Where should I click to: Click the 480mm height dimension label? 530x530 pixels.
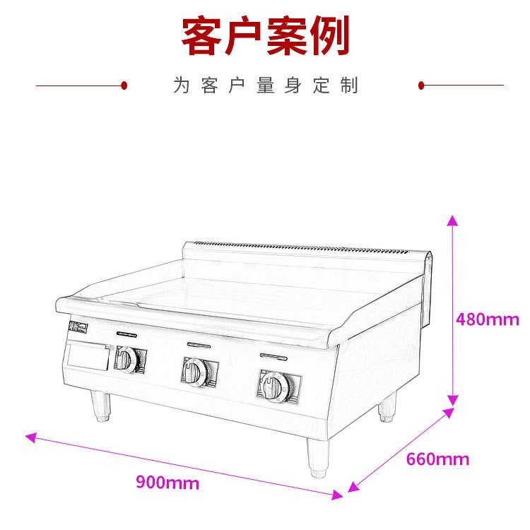click(x=488, y=319)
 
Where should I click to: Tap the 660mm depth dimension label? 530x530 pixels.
click(x=437, y=459)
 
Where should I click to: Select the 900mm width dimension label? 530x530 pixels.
click(x=167, y=483)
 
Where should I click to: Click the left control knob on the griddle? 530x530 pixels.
click(x=127, y=360)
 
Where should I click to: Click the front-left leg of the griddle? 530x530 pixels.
click(x=101, y=407)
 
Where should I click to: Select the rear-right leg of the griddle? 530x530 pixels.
click(x=387, y=410)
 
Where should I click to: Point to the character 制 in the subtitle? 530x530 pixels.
click(x=349, y=86)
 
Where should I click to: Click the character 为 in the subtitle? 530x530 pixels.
click(x=182, y=86)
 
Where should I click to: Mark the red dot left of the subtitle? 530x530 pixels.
click(x=124, y=86)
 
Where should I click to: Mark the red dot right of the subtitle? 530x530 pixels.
click(x=421, y=86)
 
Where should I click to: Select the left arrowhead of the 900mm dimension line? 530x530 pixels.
click(x=30, y=437)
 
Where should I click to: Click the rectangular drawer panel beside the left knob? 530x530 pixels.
click(x=88, y=358)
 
